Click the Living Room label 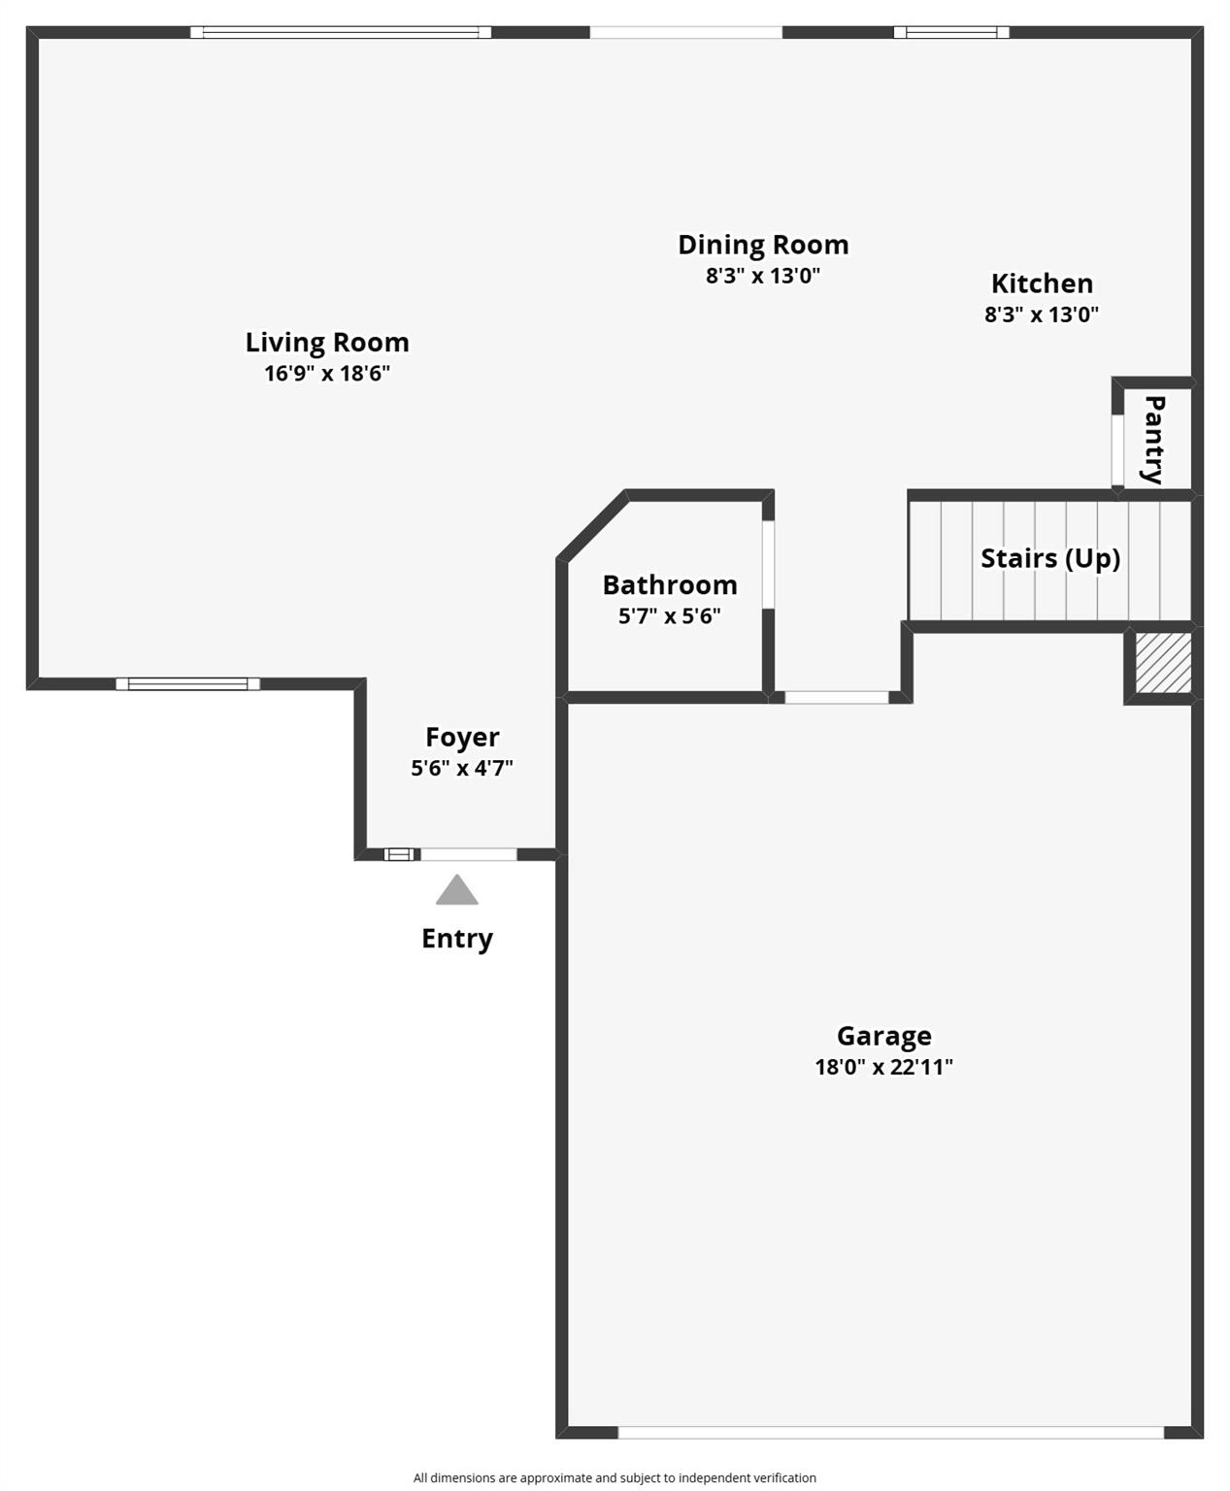click(327, 343)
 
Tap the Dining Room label click(763, 245)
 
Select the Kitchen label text click(1042, 283)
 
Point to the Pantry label click(1154, 439)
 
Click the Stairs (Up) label click(1050, 558)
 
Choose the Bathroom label click(670, 585)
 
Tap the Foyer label click(462, 738)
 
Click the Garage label click(883, 1036)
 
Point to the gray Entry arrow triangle click(457, 891)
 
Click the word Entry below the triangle click(457, 939)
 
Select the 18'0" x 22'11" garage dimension click(883, 1067)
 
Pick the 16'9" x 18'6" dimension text click(327, 374)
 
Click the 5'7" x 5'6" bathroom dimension click(670, 615)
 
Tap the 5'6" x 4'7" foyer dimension click(462, 768)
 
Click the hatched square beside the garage click(1163, 664)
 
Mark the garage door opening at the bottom click(890, 1433)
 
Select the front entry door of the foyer click(469, 854)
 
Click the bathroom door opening click(768, 565)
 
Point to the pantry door click(1117, 449)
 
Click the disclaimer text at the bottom click(615, 1477)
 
